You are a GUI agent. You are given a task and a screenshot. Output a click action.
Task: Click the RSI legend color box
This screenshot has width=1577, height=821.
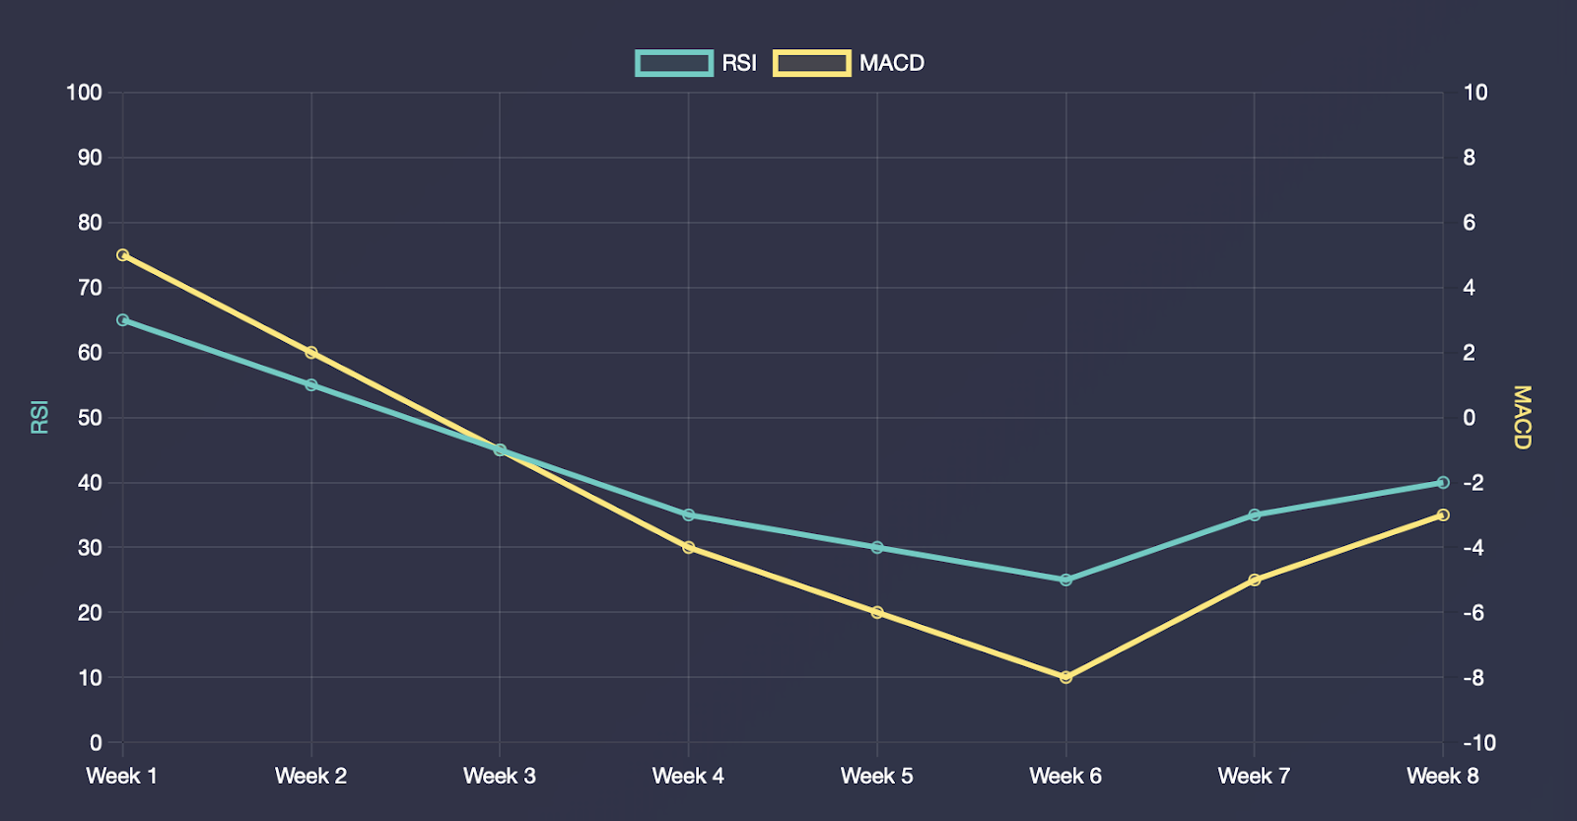[x=674, y=63]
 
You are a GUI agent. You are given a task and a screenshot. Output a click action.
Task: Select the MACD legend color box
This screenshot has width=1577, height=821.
[x=811, y=63]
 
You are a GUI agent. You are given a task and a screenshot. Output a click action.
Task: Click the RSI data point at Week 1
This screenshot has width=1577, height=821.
[x=123, y=320]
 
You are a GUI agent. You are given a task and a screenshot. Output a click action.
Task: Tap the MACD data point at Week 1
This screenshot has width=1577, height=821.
[x=123, y=255]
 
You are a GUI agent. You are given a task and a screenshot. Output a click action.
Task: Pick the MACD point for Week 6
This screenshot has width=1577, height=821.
[x=1065, y=677]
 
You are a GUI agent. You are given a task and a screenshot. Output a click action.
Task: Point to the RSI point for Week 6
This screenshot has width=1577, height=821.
[x=1065, y=580]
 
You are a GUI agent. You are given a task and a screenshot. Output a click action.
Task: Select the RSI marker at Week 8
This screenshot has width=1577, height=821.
[x=1443, y=483]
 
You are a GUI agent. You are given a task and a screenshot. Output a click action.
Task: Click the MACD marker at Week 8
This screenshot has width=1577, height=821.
[x=1443, y=514]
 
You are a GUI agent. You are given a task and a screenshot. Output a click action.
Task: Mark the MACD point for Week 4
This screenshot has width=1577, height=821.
[x=689, y=547]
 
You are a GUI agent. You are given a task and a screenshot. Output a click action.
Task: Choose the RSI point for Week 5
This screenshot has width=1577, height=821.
[x=877, y=547]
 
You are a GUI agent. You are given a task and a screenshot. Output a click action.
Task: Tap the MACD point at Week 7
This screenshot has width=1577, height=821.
[x=1255, y=580]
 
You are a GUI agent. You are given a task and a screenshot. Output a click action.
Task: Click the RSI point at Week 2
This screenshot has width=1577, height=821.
[x=311, y=385]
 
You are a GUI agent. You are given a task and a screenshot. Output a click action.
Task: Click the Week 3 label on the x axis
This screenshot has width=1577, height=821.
[x=500, y=777]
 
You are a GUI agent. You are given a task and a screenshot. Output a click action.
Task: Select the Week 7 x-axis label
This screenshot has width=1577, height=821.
[x=1254, y=777]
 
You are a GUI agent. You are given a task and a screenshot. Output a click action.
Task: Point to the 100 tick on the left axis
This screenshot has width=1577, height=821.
[x=84, y=93]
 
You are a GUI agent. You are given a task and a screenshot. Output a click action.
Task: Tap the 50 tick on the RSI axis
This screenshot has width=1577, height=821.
[x=90, y=418]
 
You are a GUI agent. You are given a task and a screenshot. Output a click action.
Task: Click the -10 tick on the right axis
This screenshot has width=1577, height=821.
[x=1478, y=743]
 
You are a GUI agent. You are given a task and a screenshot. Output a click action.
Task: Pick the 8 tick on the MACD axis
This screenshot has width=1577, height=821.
[x=1470, y=158]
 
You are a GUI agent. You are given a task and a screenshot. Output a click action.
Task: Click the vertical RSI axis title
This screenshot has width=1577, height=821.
[x=39, y=418]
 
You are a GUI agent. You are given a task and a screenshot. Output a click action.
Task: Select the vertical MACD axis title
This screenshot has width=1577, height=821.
[x=1523, y=418]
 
